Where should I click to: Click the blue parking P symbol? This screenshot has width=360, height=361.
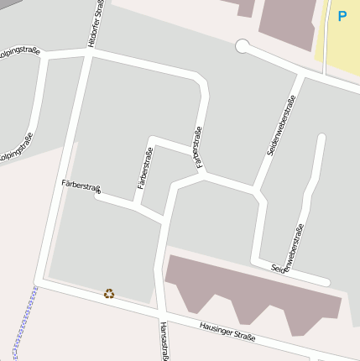click(x=342, y=16)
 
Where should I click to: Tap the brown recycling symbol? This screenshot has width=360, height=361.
click(x=109, y=293)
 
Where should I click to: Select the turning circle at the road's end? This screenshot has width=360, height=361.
click(x=243, y=45)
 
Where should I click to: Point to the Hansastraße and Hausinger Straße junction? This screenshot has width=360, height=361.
click(x=159, y=311)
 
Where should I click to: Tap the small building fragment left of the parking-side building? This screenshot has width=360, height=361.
click(x=245, y=8)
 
